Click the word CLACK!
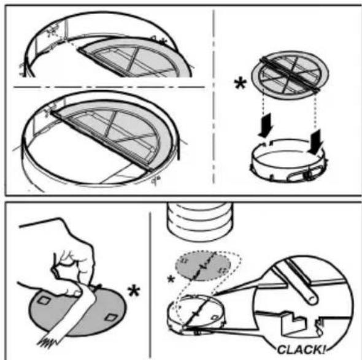[301, 349]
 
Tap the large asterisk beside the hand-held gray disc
[134, 291]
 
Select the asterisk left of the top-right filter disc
[241, 84]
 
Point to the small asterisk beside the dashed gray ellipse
[171, 279]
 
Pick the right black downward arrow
[315, 141]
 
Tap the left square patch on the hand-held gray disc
[44, 301]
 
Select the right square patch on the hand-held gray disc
[111, 318]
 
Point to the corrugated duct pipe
[199, 221]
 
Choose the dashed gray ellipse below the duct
[203, 266]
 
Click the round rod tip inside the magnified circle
[312, 299]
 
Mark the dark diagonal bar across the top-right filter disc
[290, 74]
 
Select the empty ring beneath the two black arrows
[289, 161]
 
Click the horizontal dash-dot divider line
[109, 87]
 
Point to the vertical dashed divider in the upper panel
[214, 96]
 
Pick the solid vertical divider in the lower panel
[150, 285]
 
